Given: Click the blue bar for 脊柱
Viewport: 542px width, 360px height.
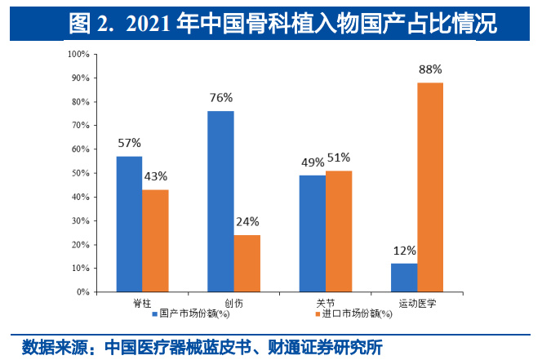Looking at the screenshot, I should [x=129, y=224].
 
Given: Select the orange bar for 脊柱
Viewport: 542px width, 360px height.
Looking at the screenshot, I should [x=155, y=241].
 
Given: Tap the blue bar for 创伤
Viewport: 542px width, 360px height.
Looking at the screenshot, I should [x=220, y=201].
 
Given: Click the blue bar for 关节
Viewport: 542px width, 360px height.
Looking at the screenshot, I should [x=312, y=233].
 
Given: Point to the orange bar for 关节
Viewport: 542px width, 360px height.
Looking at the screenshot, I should [x=339, y=231].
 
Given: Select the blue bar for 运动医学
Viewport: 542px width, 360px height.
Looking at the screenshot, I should [x=404, y=278].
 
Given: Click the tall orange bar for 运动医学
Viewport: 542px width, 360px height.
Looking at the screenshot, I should [x=430, y=187].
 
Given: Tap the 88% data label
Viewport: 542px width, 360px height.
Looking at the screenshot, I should [x=430, y=70].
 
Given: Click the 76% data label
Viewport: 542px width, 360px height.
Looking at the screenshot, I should [x=221, y=98].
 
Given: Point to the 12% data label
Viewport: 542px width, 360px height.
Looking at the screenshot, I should [x=405, y=251].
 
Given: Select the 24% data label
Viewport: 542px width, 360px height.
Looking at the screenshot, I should [x=247, y=221].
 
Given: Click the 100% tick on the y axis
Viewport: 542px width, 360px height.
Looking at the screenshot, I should [x=79, y=55].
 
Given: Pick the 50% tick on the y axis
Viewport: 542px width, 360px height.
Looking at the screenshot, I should [x=81, y=173].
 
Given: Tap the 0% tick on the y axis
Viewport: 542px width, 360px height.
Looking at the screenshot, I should [x=83, y=291].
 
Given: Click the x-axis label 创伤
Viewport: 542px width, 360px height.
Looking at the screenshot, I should [x=233, y=303].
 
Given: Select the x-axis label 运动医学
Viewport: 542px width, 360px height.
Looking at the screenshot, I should [x=417, y=303].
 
